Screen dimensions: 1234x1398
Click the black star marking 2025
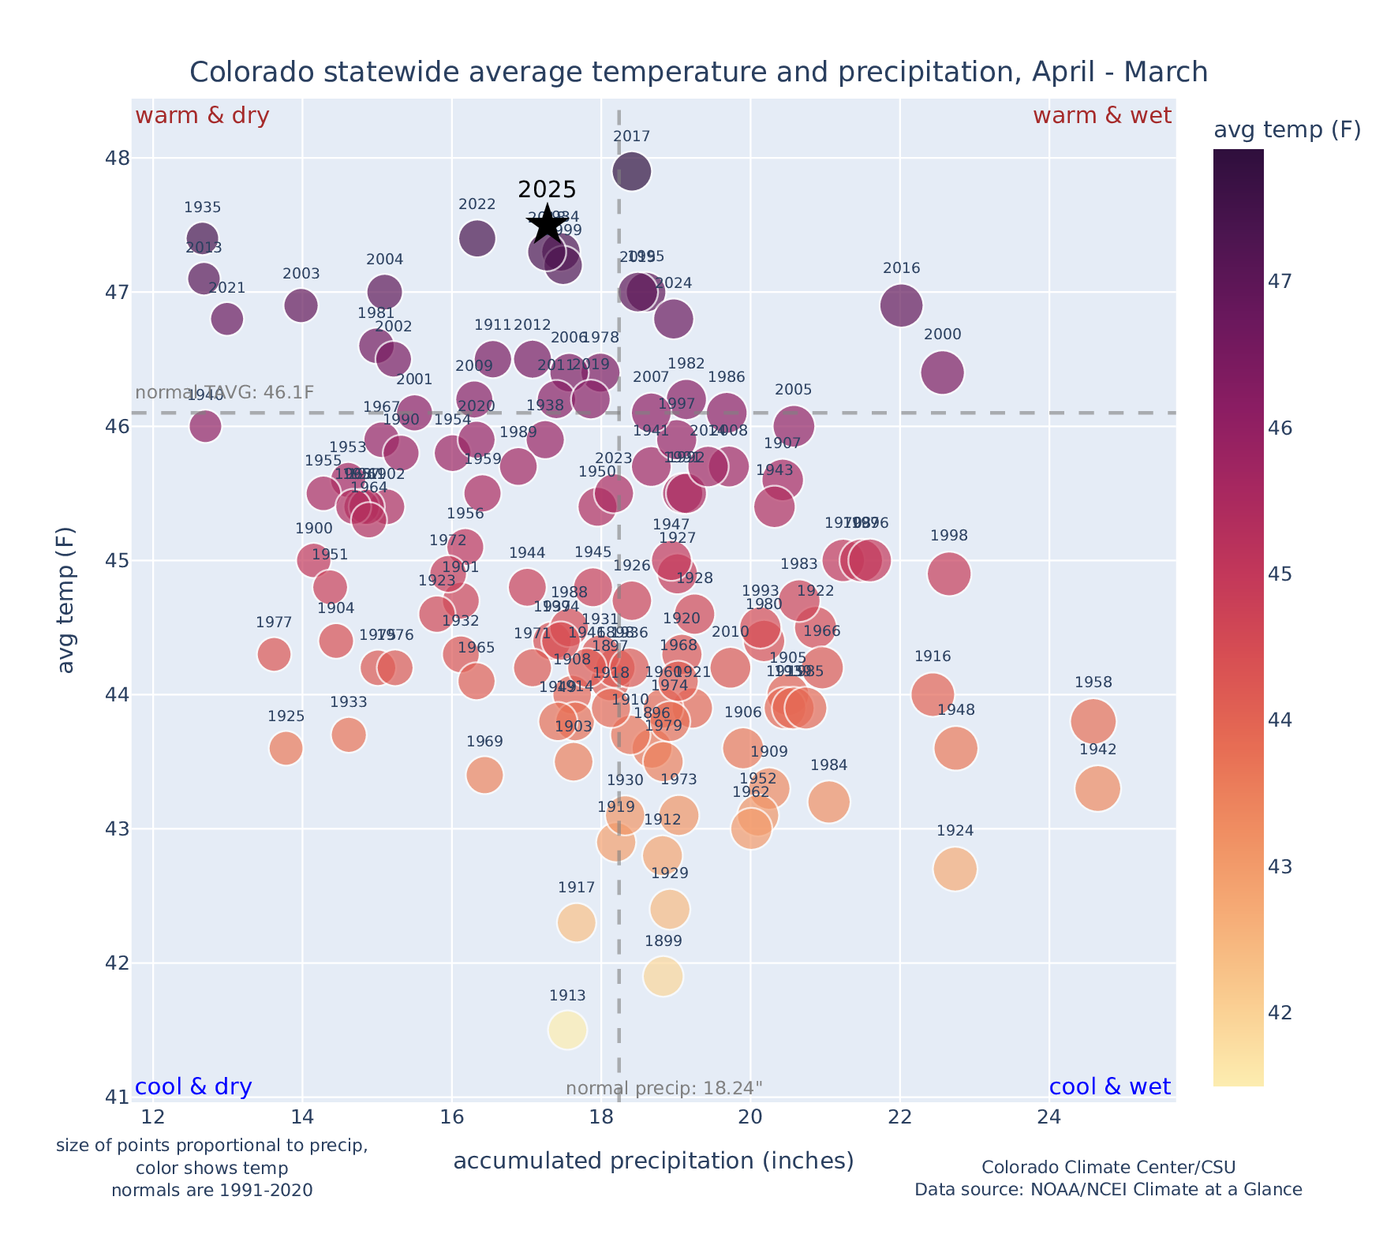pyautogui.click(x=548, y=225)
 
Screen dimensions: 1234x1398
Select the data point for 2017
pyautogui.click(x=632, y=171)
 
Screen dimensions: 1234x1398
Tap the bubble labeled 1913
pyautogui.click(x=567, y=1030)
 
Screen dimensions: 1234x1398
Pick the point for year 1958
pyautogui.click(x=1093, y=721)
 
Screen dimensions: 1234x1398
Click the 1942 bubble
pyautogui.click(x=1097, y=788)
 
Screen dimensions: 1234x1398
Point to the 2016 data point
pyautogui.click(x=901, y=305)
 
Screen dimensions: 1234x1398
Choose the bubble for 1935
pyautogui.click(x=203, y=238)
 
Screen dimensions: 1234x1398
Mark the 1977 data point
pyautogui.click(x=274, y=654)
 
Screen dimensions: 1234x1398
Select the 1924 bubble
pyautogui.click(x=955, y=869)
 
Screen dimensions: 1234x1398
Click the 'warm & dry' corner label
pyautogui.click(x=202, y=116)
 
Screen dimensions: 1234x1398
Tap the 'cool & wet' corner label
pyautogui.click(x=1109, y=1087)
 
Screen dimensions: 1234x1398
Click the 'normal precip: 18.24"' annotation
pyautogui.click(x=664, y=1089)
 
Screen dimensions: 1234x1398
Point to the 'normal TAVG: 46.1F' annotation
pyautogui.click(x=225, y=393)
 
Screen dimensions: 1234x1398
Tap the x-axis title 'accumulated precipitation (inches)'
pyautogui.click(x=653, y=1161)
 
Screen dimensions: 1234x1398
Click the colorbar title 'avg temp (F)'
pyautogui.click(x=1287, y=130)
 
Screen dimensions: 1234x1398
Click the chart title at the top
pyautogui.click(x=698, y=73)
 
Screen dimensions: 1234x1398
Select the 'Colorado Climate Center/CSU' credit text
pyautogui.click(x=1108, y=1167)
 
